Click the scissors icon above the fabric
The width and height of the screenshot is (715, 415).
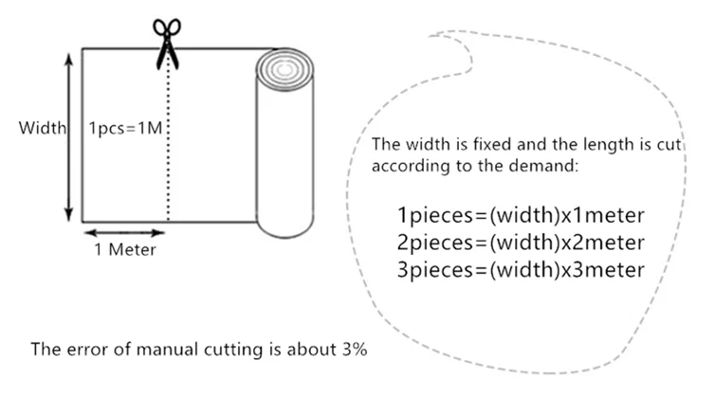point(169,39)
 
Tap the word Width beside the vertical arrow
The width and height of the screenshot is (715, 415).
point(42,128)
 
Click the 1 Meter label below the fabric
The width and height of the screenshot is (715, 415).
point(124,250)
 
